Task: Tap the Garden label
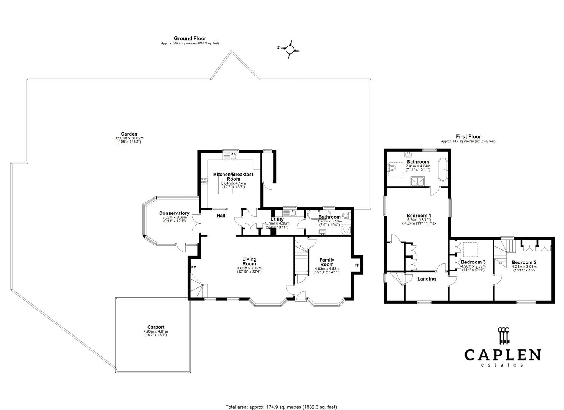(129, 134)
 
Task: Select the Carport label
(156, 327)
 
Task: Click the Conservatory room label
(174, 213)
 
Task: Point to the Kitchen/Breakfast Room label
(233, 177)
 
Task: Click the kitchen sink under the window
(233, 156)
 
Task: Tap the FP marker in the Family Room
(357, 265)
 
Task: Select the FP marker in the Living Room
(193, 267)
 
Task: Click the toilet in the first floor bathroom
(392, 168)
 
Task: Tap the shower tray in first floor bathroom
(418, 182)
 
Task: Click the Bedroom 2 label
(524, 262)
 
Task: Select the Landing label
(427, 279)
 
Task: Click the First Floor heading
(468, 137)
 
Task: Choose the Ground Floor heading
(190, 38)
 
